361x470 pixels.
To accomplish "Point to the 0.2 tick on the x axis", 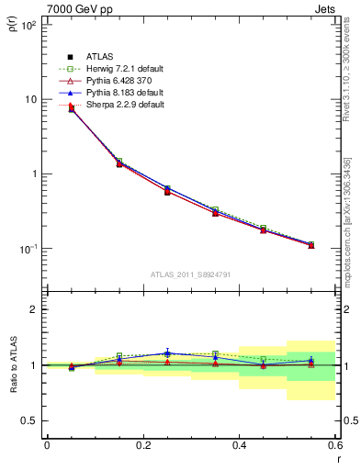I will [142, 446].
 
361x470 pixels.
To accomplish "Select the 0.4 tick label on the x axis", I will [239, 446].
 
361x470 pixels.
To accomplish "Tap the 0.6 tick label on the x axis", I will [333, 446].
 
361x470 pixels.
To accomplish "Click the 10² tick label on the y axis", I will [28, 26].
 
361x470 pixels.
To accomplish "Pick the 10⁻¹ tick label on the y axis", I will [28, 249].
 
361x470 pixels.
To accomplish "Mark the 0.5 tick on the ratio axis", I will [30, 420].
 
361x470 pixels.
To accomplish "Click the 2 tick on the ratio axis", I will [35, 309].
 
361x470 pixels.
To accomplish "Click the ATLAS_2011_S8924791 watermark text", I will [190, 274].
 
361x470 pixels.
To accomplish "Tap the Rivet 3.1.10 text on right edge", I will [347, 73].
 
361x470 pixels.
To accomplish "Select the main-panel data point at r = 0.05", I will [71, 108].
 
